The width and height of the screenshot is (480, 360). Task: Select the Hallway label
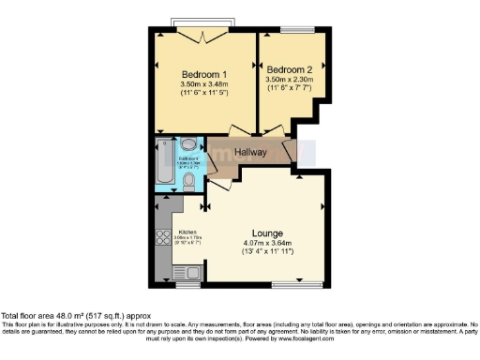tap(250, 152)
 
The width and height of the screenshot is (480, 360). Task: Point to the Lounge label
tap(267, 232)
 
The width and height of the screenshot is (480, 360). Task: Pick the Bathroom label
tap(189, 158)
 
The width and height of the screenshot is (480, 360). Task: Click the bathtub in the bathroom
tap(165, 165)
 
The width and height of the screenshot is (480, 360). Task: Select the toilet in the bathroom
tap(189, 179)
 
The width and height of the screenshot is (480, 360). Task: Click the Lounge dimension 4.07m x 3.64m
tap(267, 243)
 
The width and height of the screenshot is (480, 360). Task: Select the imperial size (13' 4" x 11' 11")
tap(267, 252)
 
